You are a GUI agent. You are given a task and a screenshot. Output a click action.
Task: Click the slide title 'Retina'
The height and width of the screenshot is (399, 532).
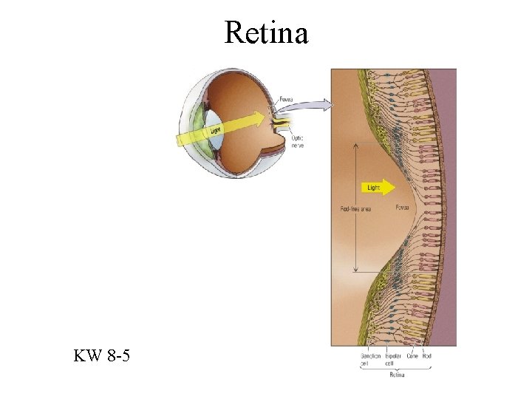pos(266,32)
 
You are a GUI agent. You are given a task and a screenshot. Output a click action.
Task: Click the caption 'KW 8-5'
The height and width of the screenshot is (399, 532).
pos(102,357)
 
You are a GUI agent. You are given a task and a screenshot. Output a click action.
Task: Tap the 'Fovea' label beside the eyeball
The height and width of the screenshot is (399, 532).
pos(286,99)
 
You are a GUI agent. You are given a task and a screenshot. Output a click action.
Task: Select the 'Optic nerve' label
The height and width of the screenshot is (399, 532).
pos(298,141)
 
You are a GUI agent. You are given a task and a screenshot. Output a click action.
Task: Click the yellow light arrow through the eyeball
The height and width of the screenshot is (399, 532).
pos(222,127)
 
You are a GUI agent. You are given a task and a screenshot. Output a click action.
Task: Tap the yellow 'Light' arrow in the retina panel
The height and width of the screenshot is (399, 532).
pos(375,188)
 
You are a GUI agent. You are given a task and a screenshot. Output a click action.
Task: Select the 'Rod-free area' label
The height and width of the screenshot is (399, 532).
pos(355,208)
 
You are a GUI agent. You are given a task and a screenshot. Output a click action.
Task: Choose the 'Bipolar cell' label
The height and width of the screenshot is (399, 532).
pos(392,359)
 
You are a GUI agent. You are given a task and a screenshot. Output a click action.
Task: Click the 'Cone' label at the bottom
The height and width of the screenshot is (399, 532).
pos(412,356)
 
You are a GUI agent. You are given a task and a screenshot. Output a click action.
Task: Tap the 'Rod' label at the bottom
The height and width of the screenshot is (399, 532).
pos(426,356)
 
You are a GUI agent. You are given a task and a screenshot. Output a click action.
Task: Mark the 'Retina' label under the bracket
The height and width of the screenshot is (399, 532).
pos(398,375)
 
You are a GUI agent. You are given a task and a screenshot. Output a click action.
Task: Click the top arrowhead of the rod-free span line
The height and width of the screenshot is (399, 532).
pos(356,144)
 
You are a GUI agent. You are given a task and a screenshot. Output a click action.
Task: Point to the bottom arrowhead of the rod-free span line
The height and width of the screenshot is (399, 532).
pos(356,271)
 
